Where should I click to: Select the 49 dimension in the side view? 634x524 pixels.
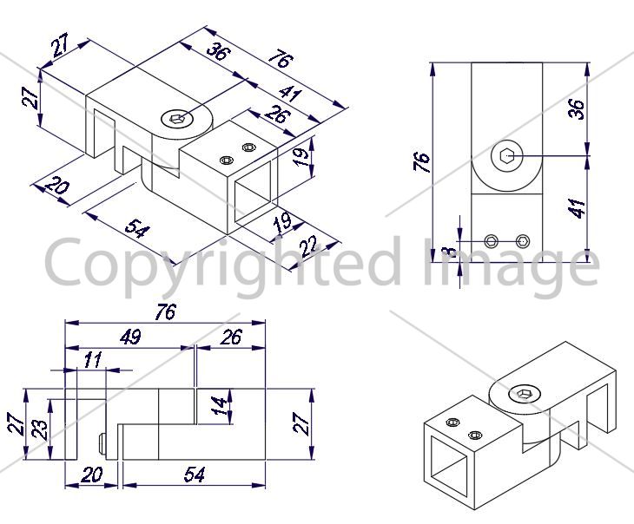point(130,337)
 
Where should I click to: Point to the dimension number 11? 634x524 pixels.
point(93,359)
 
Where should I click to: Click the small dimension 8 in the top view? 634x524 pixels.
point(449,252)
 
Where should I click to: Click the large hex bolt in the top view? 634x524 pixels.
point(507,154)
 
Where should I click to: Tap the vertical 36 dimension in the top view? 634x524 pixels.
point(576,109)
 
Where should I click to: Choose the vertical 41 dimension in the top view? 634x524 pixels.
point(576,208)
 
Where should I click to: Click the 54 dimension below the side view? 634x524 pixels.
point(195,474)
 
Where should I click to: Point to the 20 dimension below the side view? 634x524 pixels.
point(92,475)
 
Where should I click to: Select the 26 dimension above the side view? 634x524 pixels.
point(231,337)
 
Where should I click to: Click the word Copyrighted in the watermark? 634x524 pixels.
point(223,267)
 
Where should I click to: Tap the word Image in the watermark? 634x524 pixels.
point(511,267)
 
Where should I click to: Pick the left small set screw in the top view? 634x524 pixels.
point(492,241)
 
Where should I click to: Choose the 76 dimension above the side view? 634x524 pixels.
point(166,312)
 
